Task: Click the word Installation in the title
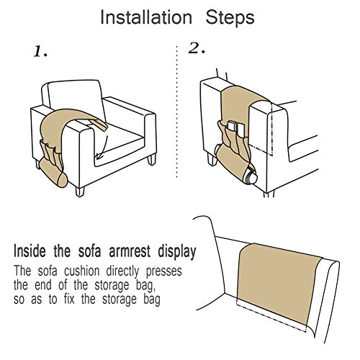click(x=146, y=17)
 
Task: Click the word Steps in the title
click(x=230, y=17)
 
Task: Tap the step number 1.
click(x=40, y=52)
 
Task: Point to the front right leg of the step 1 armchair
click(x=80, y=192)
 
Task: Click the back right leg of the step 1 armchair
click(x=152, y=159)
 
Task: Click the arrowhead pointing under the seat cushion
click(x=99, y=156)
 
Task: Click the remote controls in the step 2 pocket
click(x=236, y=129)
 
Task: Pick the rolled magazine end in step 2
click(x=251, y=176)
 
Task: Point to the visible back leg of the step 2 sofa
click(x=212, y=159)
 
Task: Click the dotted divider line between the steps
click(x=177, y=112)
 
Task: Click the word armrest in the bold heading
click(x=130, y=251)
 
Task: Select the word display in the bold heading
click(x=177, y=252)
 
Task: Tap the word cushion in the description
click(x=81, y=271)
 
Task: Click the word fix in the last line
click(x=69, y=300)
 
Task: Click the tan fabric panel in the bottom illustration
click(x=279, y=283)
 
